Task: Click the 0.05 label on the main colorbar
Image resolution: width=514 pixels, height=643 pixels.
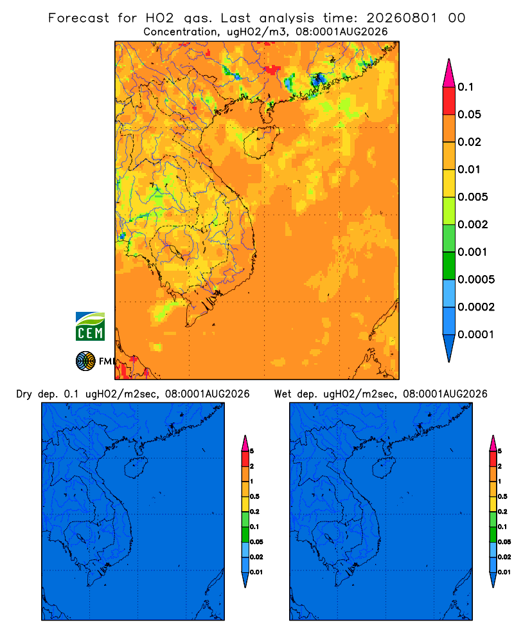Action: click(469, 114)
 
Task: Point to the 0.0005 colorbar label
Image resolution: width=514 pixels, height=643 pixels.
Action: click(476, 279)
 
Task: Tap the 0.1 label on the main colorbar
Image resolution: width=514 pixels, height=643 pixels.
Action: click(465, 87)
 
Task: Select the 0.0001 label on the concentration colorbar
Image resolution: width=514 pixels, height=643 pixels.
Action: click(476, 334)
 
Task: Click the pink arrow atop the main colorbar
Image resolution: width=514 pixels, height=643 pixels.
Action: click(449, 73)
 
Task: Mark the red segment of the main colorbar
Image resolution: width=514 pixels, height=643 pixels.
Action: click(449, 101)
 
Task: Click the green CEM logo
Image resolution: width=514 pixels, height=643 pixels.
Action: click(90, 327)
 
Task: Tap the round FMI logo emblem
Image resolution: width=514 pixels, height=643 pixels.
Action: click(85, 361)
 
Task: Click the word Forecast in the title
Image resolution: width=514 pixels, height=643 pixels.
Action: click(78, 18)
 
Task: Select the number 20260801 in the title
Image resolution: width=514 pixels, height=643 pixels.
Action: click(402, 18)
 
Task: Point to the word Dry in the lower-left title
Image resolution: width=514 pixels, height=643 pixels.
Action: click(24, 394)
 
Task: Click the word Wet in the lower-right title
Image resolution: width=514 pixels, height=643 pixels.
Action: click(283, 394)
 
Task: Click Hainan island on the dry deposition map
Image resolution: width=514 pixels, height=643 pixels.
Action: click(136, 468)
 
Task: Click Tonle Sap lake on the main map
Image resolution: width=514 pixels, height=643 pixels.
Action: click(175, 251)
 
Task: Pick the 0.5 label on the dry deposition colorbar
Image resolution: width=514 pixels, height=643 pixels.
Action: click(254, 496)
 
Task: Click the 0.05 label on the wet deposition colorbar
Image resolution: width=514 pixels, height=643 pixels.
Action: click(504, 542)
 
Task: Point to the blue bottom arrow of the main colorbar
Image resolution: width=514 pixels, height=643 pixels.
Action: click(449, 348)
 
